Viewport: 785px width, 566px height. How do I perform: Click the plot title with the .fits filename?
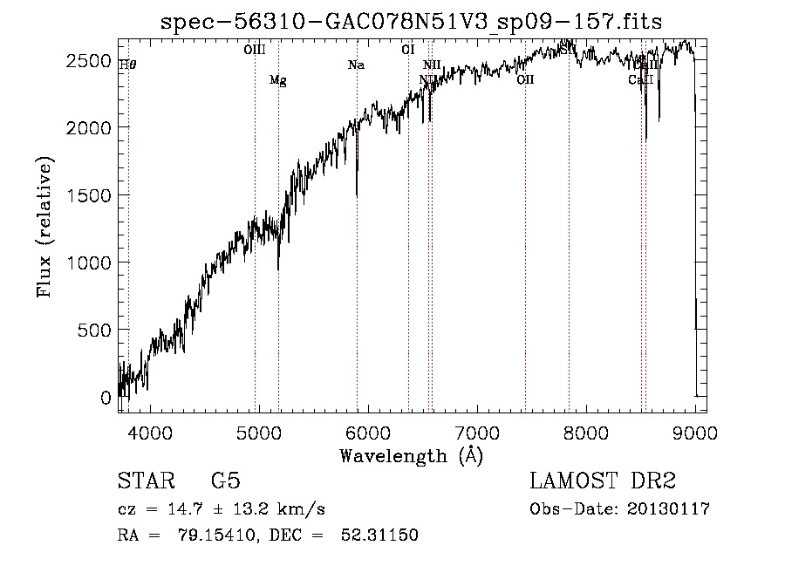413,22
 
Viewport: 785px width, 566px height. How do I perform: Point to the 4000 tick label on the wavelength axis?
149,432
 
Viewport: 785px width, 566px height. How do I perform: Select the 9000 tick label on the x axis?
695,432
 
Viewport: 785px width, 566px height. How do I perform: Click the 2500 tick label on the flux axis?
90,60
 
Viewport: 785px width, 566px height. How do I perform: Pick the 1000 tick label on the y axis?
90,263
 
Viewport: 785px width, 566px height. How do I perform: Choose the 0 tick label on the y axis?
106,398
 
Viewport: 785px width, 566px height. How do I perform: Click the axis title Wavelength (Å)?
411,455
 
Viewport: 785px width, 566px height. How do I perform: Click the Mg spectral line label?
277,81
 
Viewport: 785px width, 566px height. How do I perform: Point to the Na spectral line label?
356,65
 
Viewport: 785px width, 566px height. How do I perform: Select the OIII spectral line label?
255,50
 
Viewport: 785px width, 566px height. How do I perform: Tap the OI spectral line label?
407,50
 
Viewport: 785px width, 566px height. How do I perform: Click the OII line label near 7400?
525,80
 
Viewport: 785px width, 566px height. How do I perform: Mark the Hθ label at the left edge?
127,64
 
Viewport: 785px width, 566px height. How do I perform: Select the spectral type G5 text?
226,481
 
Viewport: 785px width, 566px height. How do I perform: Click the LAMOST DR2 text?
603,481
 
